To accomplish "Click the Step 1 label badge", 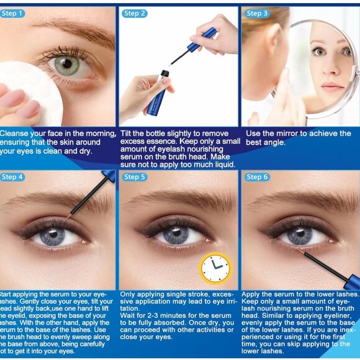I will tap(12, 13).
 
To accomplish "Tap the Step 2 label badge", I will tap(135, 13).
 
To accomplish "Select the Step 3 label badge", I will tap(257, 13).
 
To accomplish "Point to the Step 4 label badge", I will tap(12, 177).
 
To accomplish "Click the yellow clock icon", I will tap(215, 268).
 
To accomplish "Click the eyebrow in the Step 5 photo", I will tap(180, 200).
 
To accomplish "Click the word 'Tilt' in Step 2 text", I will tap(129, 134).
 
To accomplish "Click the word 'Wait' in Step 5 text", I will tap(128, 316).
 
